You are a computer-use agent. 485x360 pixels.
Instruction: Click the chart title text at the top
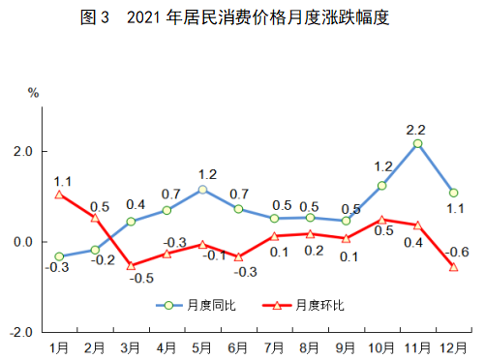pyautogui.click(x=242, y=16)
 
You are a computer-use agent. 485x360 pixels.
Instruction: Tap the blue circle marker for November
pyautogui.click(x=417, y=143)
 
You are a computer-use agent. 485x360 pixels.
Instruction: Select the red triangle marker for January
pyautogui.click(x=60, y=194)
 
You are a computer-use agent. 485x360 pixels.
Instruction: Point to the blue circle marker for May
pyautogui.click(x=203, y=189)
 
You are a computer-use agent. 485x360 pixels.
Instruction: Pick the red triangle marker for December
pyautogui.click(x=453, y=267)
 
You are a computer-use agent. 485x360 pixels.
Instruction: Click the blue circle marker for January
pyautogui.click(x=60, y=256)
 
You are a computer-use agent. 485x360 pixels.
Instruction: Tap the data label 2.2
pyautogui.click(x=417, y=128)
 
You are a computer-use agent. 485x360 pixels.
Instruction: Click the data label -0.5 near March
pyautogui.click(x=141, y=279)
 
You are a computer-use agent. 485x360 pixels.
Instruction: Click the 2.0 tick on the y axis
pyautogui.click(x=23, y=152)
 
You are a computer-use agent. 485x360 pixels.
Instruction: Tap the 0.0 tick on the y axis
pyautogui.click(x=23, y=242)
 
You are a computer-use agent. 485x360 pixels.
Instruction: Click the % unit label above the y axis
pyautogui.click(x=32, y=93)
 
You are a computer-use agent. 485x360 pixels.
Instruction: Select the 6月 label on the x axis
pyautogui.click(x=239, y=345)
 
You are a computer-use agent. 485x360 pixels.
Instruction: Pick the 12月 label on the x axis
pyautogui.click(x=453, y=345)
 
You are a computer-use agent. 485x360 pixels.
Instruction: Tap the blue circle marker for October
pyautogui.click(x=382, y=186)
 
